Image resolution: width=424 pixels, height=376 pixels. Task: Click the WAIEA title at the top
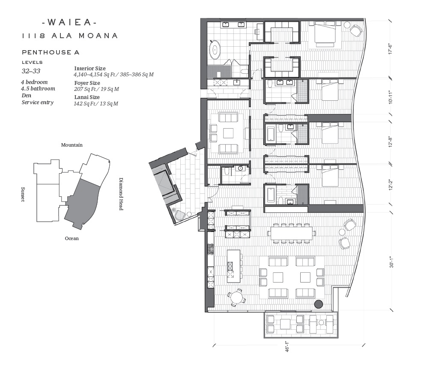pyautogui.click(x=69, y=22)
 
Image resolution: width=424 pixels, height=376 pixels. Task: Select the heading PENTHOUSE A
pyautogui.click(x=51, y=52)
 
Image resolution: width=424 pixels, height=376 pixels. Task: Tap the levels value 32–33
pyautogui.click(x=31, y=71)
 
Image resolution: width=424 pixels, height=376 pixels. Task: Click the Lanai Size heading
pyautogui.click(x=87, y=97)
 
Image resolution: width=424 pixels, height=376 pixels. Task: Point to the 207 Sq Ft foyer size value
pyautogui.click(x=96, y=89)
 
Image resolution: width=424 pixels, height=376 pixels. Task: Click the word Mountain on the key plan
pyautogui.click(x=72, y=145)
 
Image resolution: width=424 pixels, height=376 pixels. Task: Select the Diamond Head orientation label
pyautogui.click(x=121, y=194)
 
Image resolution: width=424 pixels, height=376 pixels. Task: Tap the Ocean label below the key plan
pyautogui.click(x=72, y=238)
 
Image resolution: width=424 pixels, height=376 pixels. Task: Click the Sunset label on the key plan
pyautogui.click(x=23, y=194)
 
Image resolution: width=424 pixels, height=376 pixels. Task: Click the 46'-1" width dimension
pyautogui.click(x=287, y=346)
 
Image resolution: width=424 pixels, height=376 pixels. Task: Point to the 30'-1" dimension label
pyautogui.click(x=391, y=262)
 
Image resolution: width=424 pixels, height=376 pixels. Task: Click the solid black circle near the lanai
pyautogui.click(x=319, y=304)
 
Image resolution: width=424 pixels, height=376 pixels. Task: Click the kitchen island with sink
pyautogui.click(x=234, y=266)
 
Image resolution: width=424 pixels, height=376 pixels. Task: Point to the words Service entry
pyautogui.click(x=38, y=102)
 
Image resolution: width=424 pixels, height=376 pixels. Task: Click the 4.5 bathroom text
pyautogui.click(x=38, y=88)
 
